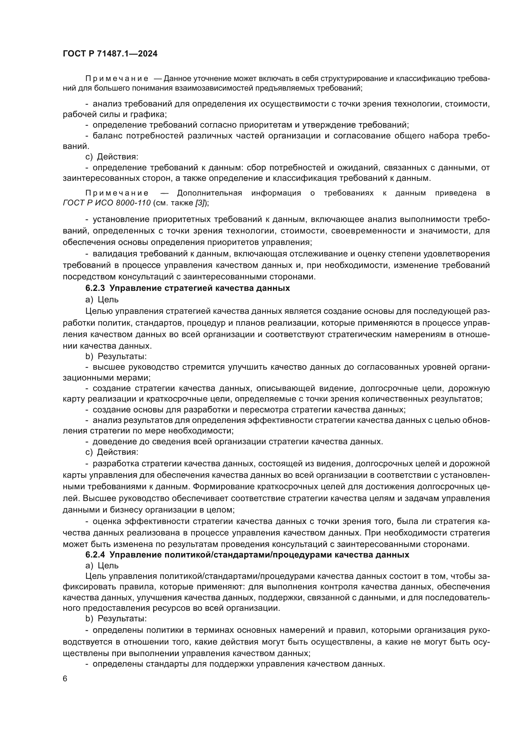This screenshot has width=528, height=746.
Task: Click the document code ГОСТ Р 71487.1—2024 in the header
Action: (x=110, y=54)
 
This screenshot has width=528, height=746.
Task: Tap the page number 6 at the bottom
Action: (x=65, y=679)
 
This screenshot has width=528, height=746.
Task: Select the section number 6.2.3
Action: (x=95, y=288)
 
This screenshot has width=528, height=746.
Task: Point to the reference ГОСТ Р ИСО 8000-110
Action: (x=107, y=203)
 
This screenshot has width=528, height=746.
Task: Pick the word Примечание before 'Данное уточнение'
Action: (x=117, y=79)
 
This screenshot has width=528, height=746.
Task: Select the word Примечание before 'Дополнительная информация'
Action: (x=117, y=193)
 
